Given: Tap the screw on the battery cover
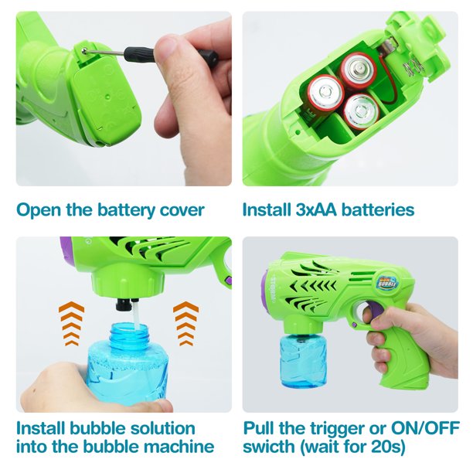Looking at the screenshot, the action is click(85, 50).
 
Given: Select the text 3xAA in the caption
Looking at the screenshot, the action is click(316, 209).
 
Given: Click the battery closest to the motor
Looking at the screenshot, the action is click(358, 69).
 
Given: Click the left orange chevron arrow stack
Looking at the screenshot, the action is click(72, 323).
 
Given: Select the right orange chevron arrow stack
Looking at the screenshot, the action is click(185, 323).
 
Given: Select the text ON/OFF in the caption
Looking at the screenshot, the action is click(425, 427).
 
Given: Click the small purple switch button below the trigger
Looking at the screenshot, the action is click(355, 325).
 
